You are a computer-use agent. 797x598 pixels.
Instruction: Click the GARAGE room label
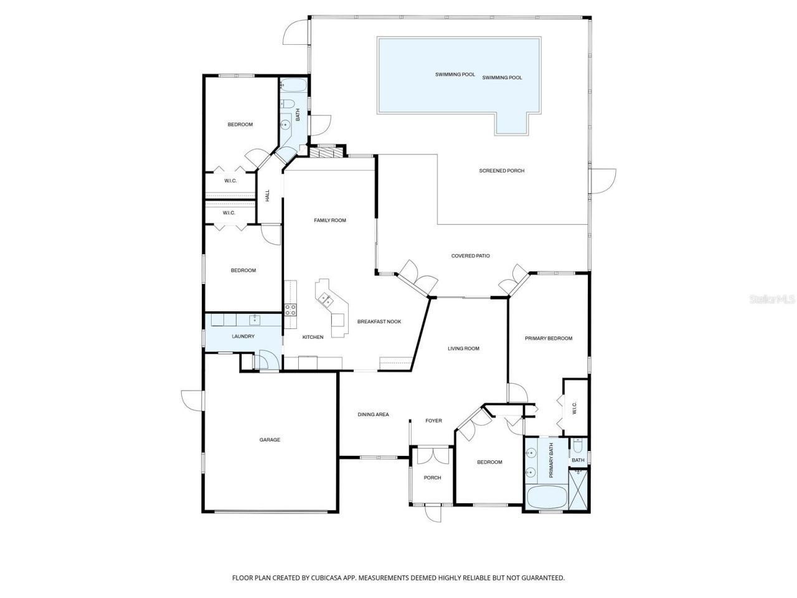(x=270, y=440)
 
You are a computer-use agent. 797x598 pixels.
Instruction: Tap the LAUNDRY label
(x=243, y=337)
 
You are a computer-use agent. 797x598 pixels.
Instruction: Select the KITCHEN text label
(x=313, y=337)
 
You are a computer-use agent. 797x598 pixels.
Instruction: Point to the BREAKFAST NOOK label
(x=379, y=321)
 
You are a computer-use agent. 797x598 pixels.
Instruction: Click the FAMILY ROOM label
(x=329, y=220)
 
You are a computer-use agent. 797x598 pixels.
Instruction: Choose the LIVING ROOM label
(x=463, y=348)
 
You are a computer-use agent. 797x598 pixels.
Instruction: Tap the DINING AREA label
(x=373, y=414)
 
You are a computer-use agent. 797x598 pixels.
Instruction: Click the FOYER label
(x=433, y=420)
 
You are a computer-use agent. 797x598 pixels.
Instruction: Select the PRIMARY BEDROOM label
(x=548, y=338)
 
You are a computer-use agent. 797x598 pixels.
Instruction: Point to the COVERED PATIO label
(x=470, y=255)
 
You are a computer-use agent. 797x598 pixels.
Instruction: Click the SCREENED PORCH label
(x=501, y=171)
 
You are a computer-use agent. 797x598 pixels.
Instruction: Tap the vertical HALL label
(x=268, y=196)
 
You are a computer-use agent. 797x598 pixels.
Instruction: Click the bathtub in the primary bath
(x=547, y=498)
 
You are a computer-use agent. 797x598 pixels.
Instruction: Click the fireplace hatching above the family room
(x=326, y=152)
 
